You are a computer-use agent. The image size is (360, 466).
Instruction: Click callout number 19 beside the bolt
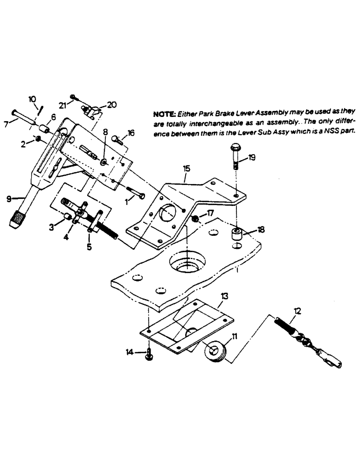252,158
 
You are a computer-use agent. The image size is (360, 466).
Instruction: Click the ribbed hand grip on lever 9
17,218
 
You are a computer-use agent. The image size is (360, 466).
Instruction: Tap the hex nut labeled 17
196,219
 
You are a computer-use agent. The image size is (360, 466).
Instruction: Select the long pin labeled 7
23,117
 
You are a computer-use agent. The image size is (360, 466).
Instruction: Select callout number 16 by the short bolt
130,133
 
